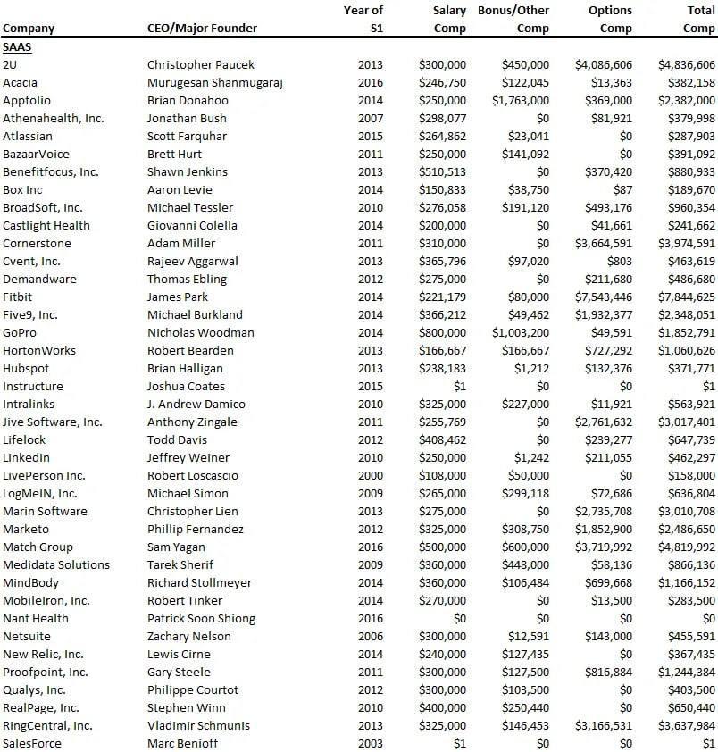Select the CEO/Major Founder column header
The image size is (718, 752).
pyautogui.click(x=202, y=28)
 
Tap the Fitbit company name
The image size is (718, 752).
pyautogui.click(x=18, y=297)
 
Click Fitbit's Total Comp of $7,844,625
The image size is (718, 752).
pyautogui.click(x=687, y=297)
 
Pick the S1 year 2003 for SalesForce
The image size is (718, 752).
pyautogui.click(x=370, y=743)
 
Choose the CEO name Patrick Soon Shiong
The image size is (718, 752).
pyautogui.click(x=201, y=618)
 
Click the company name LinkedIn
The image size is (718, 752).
pyautogui.click(x=26, y=457)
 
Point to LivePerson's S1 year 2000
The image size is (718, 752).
pyautogui.click(x=370, y=475)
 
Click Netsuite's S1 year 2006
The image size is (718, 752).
pyautogui.click(x=370, y=636)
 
